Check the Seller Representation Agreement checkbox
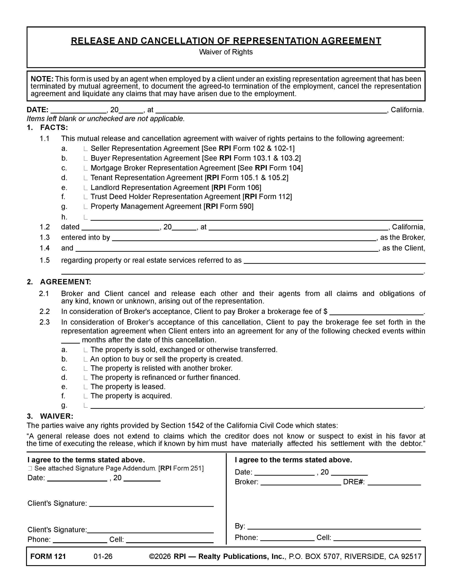(x=85, y=149)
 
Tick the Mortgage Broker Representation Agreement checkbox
(x=85, y=168)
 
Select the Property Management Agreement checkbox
(x=85, y=207)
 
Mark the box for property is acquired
(x=85, y=396)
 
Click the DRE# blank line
(x=394, y=482)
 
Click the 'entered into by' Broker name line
(x=244, y=238)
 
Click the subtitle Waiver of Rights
(x=226, y=52)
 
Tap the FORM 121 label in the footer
(x=48, y=557)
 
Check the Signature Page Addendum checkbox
(x=30, y=468)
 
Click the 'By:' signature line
(x=334, y=526)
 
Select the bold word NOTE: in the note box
(x=42, y=79)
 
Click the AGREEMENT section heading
(x=66, y=282)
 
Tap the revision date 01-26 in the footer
(x=103, y=557)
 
